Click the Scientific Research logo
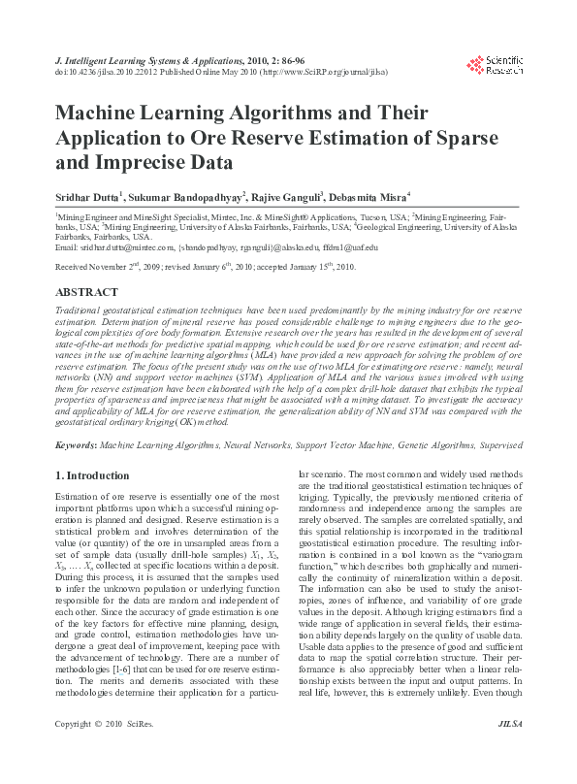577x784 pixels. point(495,65)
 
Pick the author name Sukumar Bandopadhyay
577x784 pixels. point(184,196)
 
